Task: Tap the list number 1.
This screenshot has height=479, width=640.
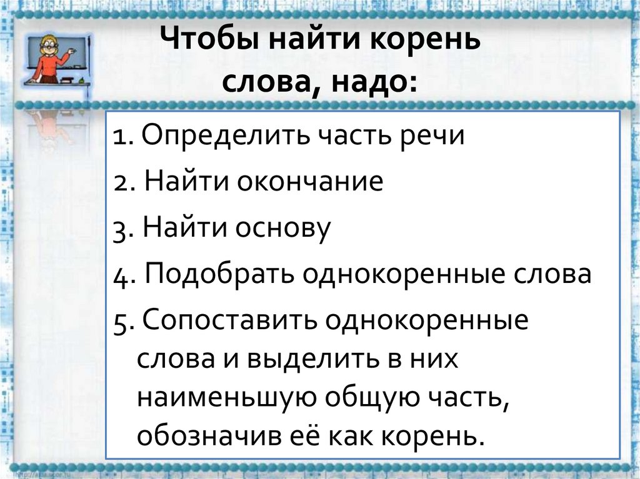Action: [119, 136]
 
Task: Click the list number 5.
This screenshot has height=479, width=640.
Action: [121, 323]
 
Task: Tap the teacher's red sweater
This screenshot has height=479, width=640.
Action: [47, 65]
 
